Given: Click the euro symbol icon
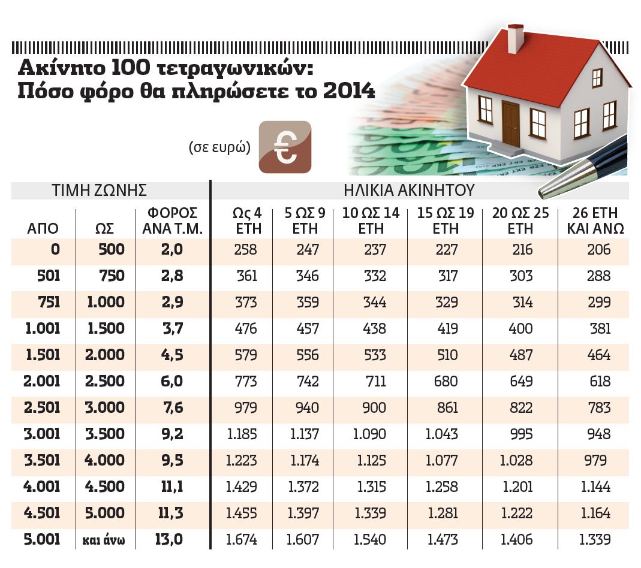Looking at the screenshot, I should (x=285, y=147).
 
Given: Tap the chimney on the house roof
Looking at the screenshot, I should (x=515, y=39).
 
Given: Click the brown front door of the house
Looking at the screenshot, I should (x=510, y=123).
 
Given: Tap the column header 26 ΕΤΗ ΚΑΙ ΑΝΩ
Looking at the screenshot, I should (x=592, y=221).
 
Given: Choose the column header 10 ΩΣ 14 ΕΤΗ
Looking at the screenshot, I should (x=371, y=221).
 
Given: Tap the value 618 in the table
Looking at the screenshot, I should (x=600, y=382).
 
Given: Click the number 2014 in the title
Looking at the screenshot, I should (x=349, y=91).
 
